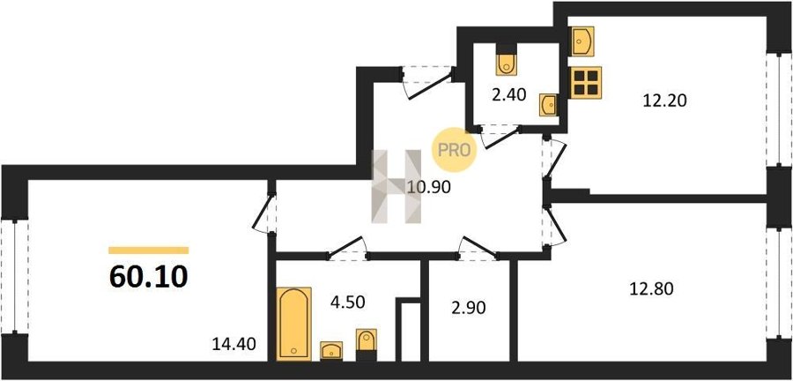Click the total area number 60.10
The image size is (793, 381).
pos(148,277)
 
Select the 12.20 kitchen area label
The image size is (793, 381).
pos(664,100)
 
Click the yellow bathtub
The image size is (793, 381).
pos(293,323)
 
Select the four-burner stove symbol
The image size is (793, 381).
pos(585,82)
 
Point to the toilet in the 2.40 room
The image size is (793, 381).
pos(508,62)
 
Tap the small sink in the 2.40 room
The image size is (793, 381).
pos(548,104)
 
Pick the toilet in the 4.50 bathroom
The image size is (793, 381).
pos(366,342)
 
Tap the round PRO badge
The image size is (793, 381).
pos(456,149)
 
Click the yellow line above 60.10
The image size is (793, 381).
pos(148,250)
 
